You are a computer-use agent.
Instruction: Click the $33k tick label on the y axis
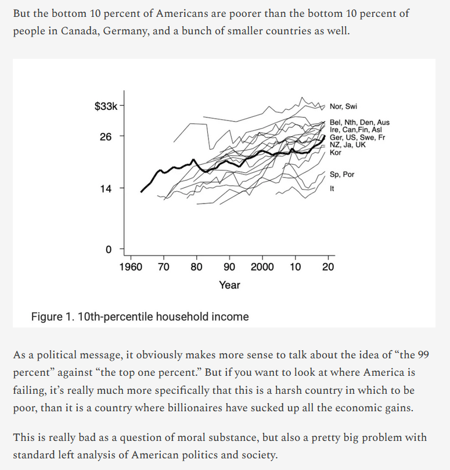coord(106,106)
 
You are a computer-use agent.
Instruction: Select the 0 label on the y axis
coord(108,250)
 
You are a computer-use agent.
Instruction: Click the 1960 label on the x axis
coord(131,267)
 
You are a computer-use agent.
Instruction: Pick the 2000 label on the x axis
coord(262,267)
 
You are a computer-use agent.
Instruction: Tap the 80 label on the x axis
coord(197,267)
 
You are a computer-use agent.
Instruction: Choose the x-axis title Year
coord(229,285)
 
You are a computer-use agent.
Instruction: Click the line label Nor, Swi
coord(343,106)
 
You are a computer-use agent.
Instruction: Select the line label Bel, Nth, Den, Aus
coord(359,123)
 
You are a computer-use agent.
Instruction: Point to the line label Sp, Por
coord(341,175)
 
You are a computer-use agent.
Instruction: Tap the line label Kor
coord(335,152)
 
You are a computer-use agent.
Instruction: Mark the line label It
coord(332,188)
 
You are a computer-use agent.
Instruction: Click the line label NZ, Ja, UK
coord(347,145)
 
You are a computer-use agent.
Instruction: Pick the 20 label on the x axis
coord(328,267)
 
